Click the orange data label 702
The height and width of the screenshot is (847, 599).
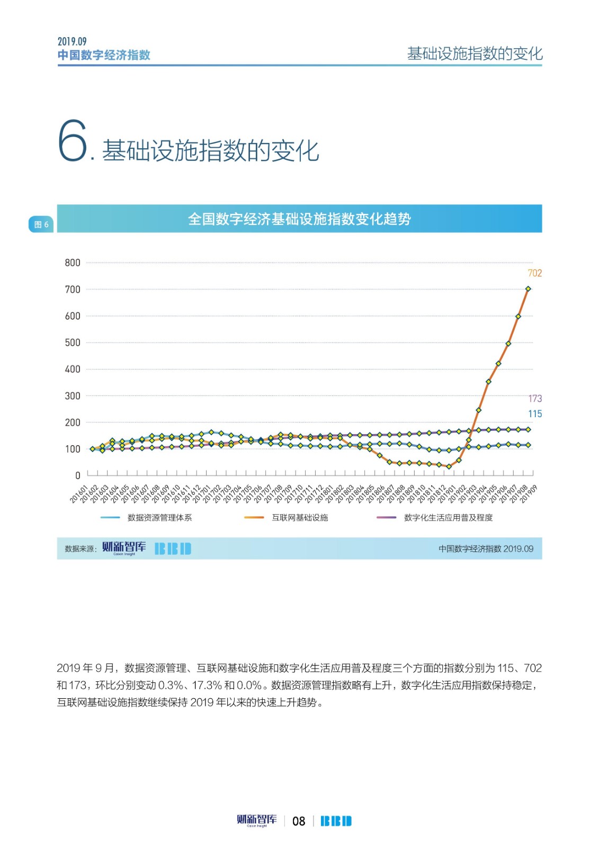click(x=534, y=273)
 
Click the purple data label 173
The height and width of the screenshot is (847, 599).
click(x=534, y=399)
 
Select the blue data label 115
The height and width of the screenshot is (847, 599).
click(x=534, y=414)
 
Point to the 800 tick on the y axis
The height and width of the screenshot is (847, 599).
click(x=73, y=263)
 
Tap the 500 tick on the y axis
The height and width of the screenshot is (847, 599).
click(x=73, y=343)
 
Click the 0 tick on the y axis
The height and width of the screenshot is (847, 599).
click(x=77, y=475)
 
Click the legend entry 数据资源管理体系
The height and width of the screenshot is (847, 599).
click(x=159, y=518)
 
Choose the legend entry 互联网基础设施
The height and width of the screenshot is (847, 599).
click(x=300, y=518)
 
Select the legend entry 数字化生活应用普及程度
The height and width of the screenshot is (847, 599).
click(x=448, y=518)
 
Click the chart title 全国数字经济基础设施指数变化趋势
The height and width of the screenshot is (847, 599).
click(x=299, y=219)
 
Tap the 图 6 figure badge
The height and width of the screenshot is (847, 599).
click(x=41, y=224)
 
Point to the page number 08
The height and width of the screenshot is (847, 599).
click(x=299, y=821)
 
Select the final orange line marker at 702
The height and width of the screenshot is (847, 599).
click(x=528, y=289)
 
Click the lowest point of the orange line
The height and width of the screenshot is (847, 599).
click(x=449, y=466)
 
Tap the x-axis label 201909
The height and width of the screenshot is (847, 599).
click(x=529, y=493)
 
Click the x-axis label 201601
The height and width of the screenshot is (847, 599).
click(x=79, y=493)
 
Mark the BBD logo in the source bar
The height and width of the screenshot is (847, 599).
click(x=173, y=548)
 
